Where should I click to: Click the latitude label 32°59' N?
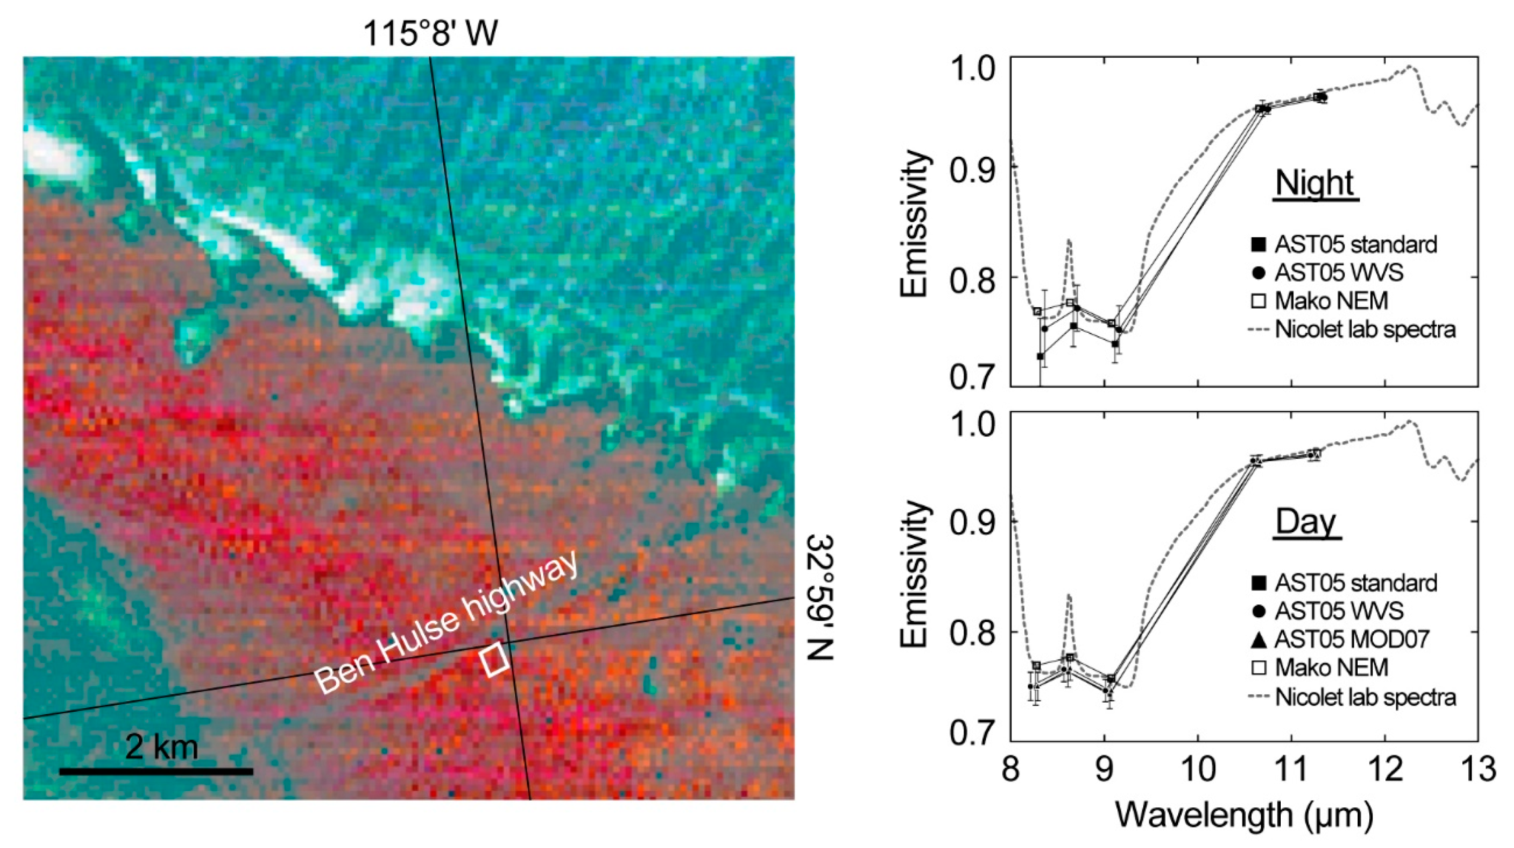[x=820, y=597]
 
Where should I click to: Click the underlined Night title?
[x=1315, y=183]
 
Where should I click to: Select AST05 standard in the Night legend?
[x=1355, y=244]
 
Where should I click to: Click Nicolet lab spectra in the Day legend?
[x=1365, y=697]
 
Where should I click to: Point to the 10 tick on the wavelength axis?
[x=1197, y=769]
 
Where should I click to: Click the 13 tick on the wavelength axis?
[x=1478, y=769]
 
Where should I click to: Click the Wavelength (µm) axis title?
[x=1244, y=815]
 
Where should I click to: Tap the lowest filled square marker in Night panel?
[x=1040, y=356]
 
